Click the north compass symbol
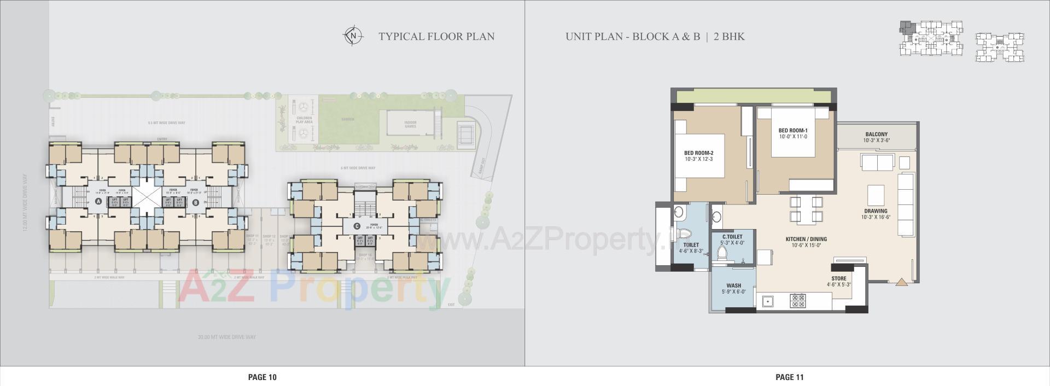click(353, 36)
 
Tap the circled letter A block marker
click(98, 202)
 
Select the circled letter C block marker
click(357, 226)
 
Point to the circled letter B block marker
click(196, 202)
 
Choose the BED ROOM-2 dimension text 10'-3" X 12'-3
click(698, 160)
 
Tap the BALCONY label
click(876, 134)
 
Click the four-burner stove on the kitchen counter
click(798, 300)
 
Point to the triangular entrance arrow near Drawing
click(901, 282)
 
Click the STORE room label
click(838, 279)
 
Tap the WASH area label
click(733, 285)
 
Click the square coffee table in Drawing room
click(876, 194)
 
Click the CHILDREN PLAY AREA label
click(304, 120)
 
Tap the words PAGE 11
click(789, 377)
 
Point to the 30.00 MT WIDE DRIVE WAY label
click(227, 337)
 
